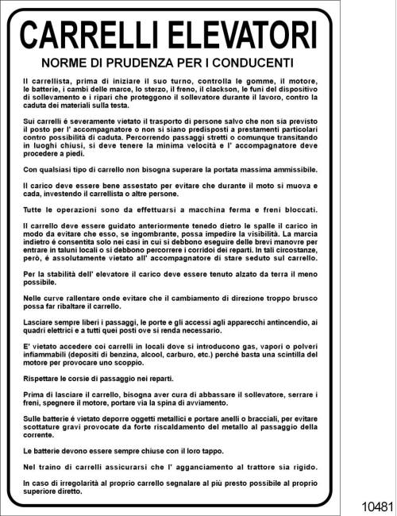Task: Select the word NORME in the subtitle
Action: pyautogui.click(x=65, y=63)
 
